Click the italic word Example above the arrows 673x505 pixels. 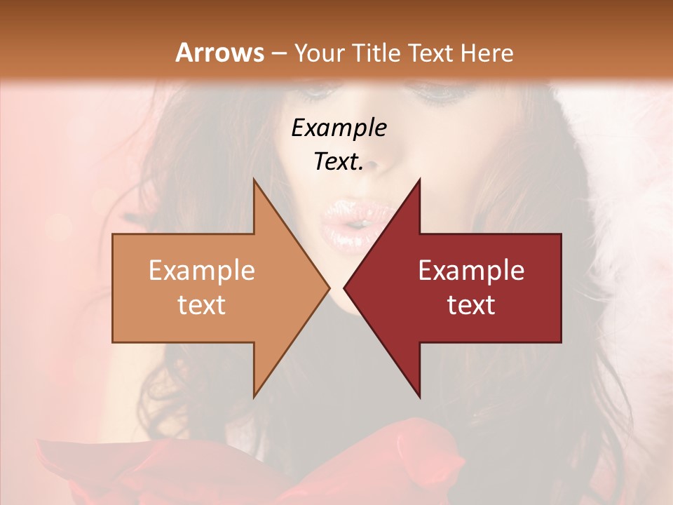tap(339, 128)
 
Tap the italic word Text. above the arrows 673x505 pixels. tap(339, 161)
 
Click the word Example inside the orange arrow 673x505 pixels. tap(201, 270)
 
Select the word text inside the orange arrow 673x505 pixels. tap(201, 304)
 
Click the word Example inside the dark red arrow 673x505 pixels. tap(471, 270)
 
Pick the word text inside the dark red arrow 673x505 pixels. tap(471, 304)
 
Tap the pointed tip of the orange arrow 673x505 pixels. tap(328, 288)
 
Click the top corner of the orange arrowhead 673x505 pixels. tap(255, 181)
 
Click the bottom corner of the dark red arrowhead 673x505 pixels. tap(419, 396)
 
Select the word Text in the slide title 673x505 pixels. tap(430, 53)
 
